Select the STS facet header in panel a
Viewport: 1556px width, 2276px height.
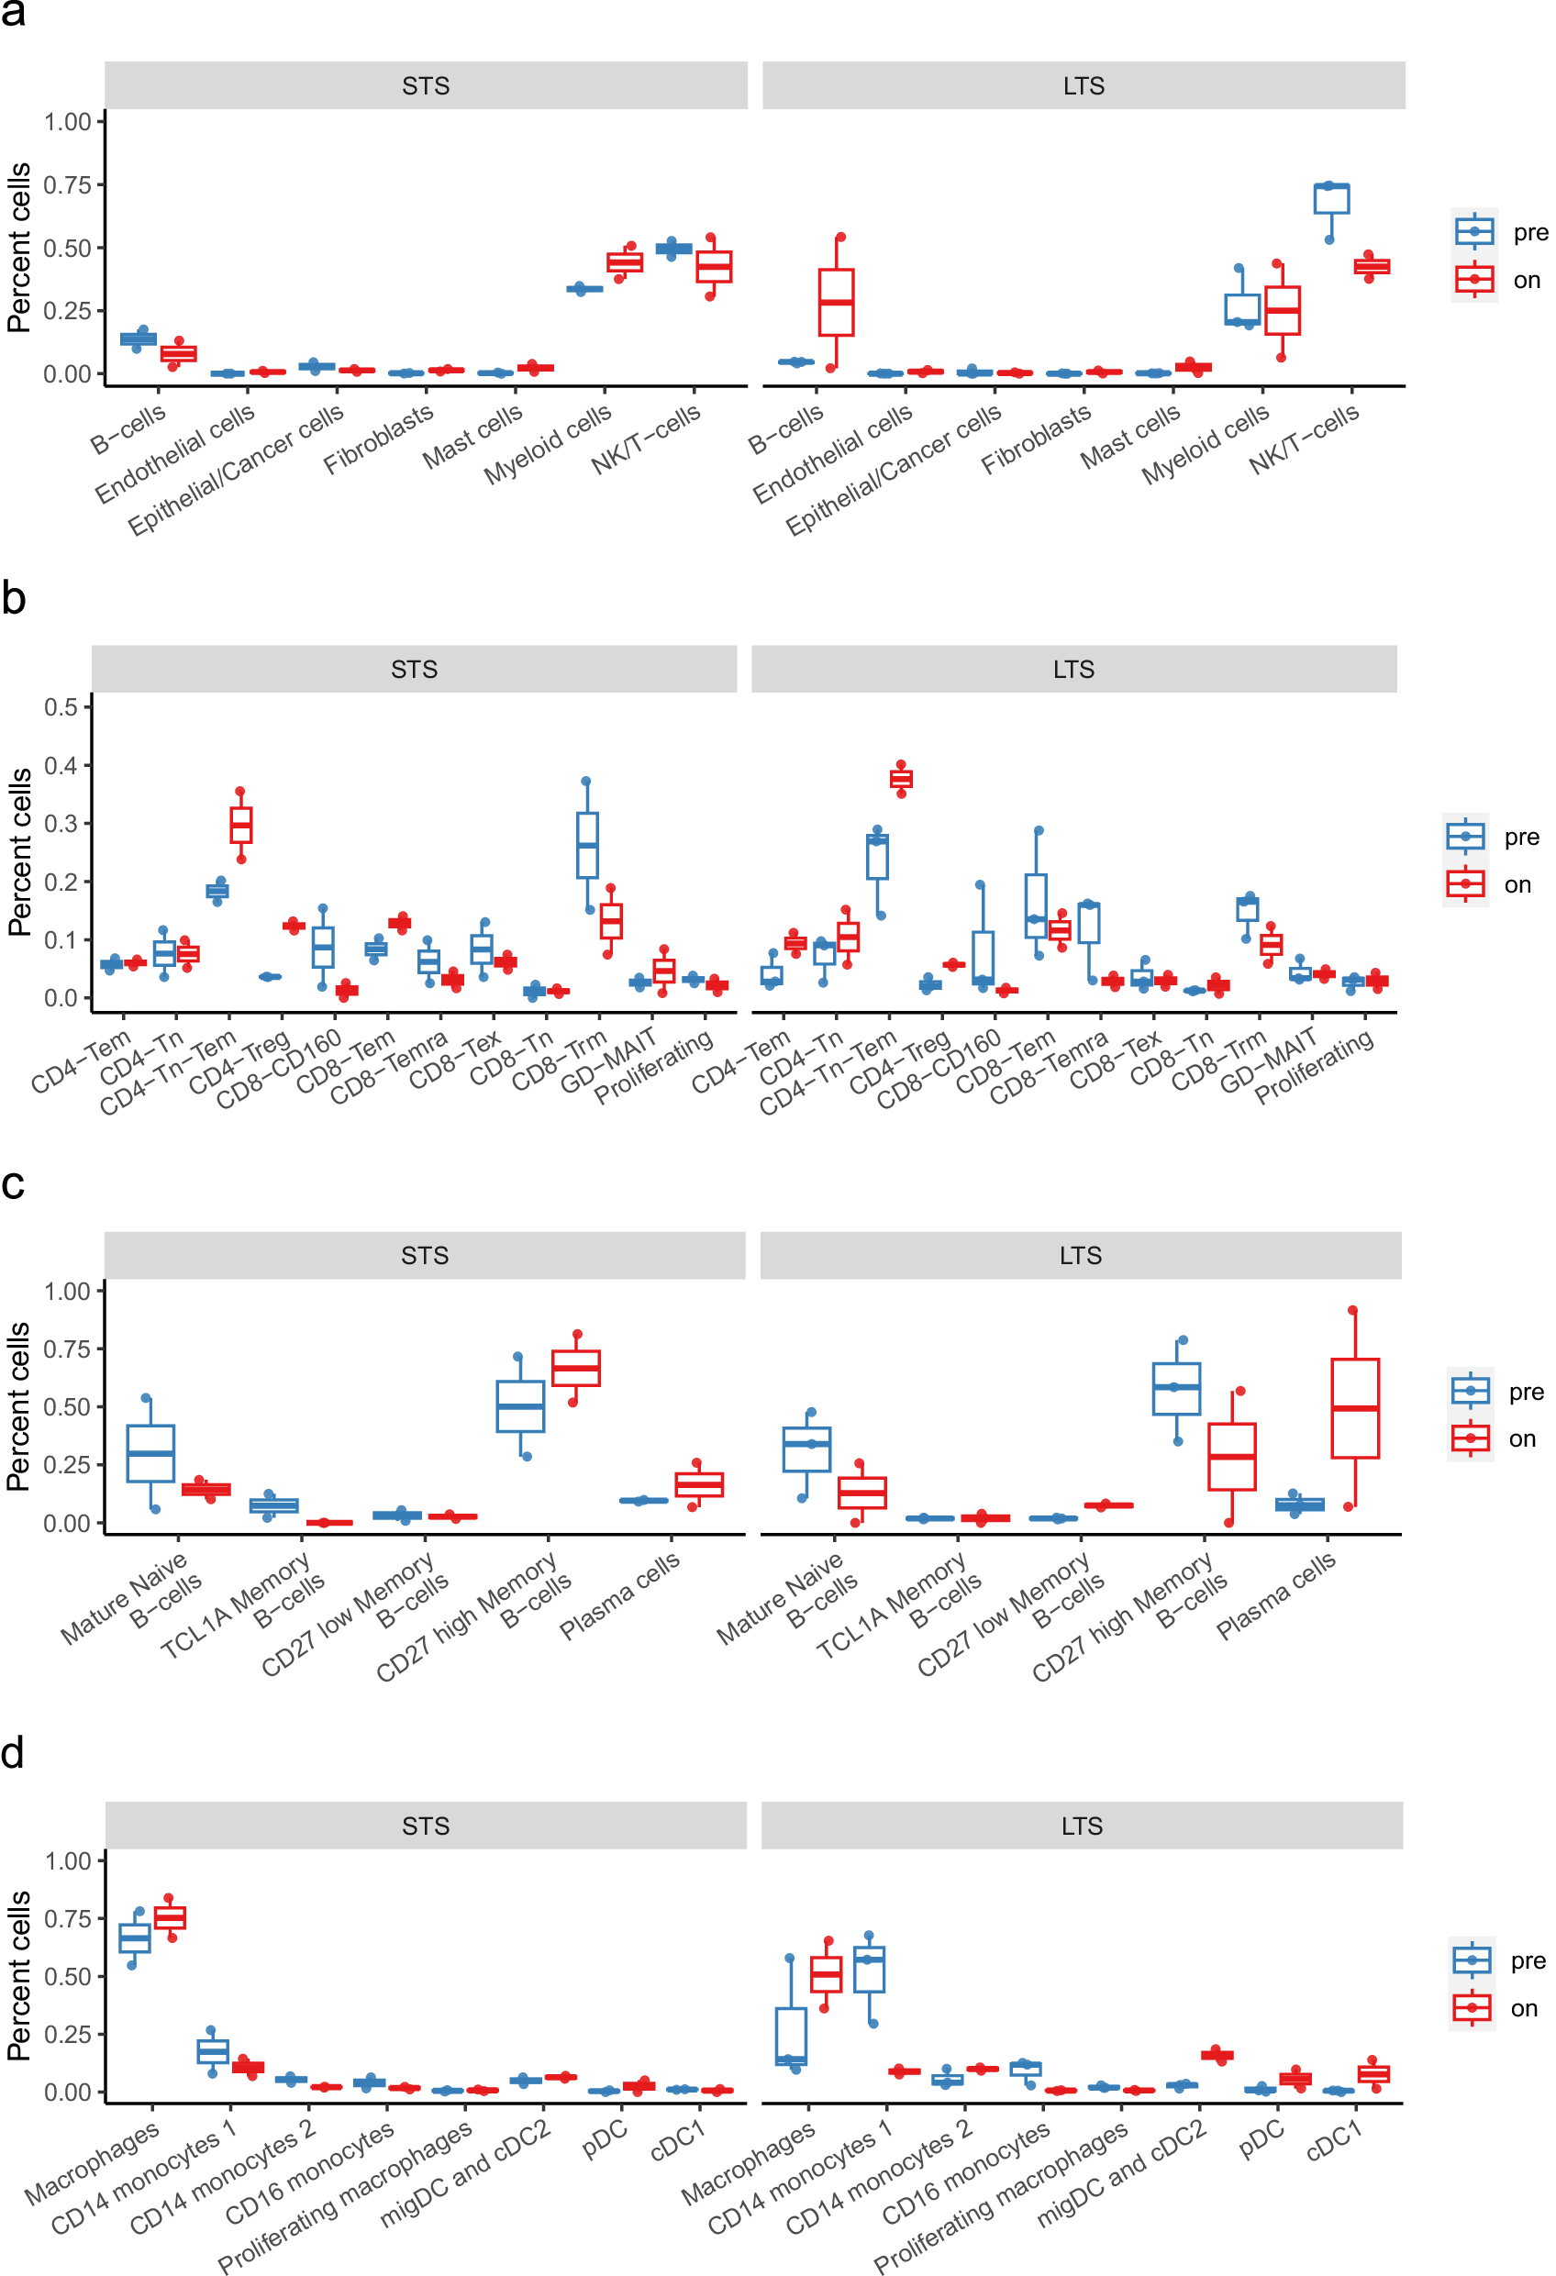(426, 86)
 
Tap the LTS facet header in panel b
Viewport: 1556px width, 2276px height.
(1073, 669)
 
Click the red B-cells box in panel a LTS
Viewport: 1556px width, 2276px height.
(837, 302)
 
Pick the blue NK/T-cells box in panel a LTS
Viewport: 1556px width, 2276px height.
(1331, 199)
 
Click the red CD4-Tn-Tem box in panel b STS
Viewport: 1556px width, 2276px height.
(241, 825)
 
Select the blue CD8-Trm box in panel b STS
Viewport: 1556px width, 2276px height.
(587, 844)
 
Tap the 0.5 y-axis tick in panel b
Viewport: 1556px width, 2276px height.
(61, 707)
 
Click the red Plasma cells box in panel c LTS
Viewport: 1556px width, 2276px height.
(1354, 1408)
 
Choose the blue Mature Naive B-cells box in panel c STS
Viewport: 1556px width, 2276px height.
(150, 1453)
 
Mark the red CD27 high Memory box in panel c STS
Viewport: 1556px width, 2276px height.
(576, 1368)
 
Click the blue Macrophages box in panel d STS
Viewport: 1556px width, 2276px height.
(135, 1938)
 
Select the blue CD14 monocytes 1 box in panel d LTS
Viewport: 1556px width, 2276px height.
(870, 1969)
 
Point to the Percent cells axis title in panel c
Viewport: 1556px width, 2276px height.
(18, 1406)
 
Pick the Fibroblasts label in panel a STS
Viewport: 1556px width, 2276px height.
(378, 439)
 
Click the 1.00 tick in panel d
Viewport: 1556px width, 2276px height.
(68, 1861)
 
